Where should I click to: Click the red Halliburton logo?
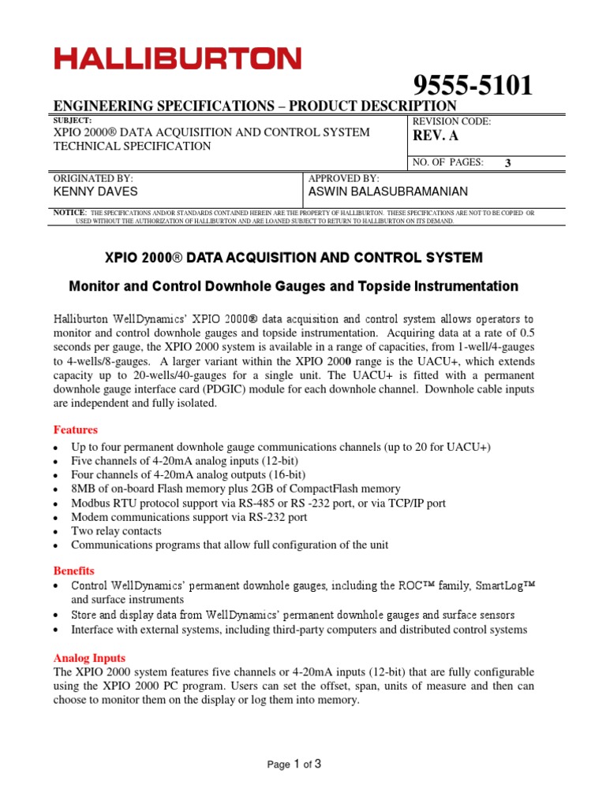point(177,58)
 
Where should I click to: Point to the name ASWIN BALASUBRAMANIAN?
point(387,192)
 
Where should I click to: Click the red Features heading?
point(75,430)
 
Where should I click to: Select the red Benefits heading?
point(73,570)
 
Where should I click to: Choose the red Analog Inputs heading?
point(88,657)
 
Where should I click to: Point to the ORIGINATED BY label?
point(92,179)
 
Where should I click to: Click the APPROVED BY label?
point(344,179)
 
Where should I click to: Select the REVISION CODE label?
point(452,121)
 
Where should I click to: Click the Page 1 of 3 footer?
point(294,764)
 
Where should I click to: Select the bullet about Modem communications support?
point(189,517)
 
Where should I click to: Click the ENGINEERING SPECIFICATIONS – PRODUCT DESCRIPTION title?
point(254,106)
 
